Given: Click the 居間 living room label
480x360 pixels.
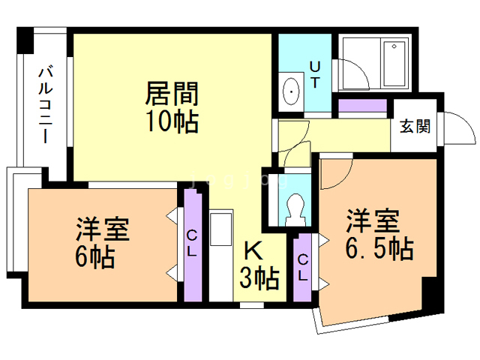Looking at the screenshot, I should pos(172,94).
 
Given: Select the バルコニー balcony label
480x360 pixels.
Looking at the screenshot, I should pos(44,106).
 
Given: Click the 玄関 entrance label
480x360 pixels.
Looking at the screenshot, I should pos(414,126).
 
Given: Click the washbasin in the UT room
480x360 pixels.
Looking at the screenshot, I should pos(291,92).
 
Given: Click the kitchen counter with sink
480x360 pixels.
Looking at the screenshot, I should pos(220,255).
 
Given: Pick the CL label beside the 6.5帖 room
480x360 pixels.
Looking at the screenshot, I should pos(303,266).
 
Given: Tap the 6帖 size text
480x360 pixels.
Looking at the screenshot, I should pos(94,257).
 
